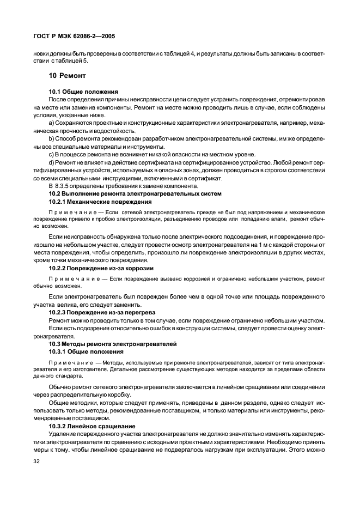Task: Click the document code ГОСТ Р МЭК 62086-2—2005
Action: click(72, 37)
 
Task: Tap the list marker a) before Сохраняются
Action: click(51, 125)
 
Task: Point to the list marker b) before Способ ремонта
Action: click(51, 140)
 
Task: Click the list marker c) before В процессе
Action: click(51, 155)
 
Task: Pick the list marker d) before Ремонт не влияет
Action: click(51, 162)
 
